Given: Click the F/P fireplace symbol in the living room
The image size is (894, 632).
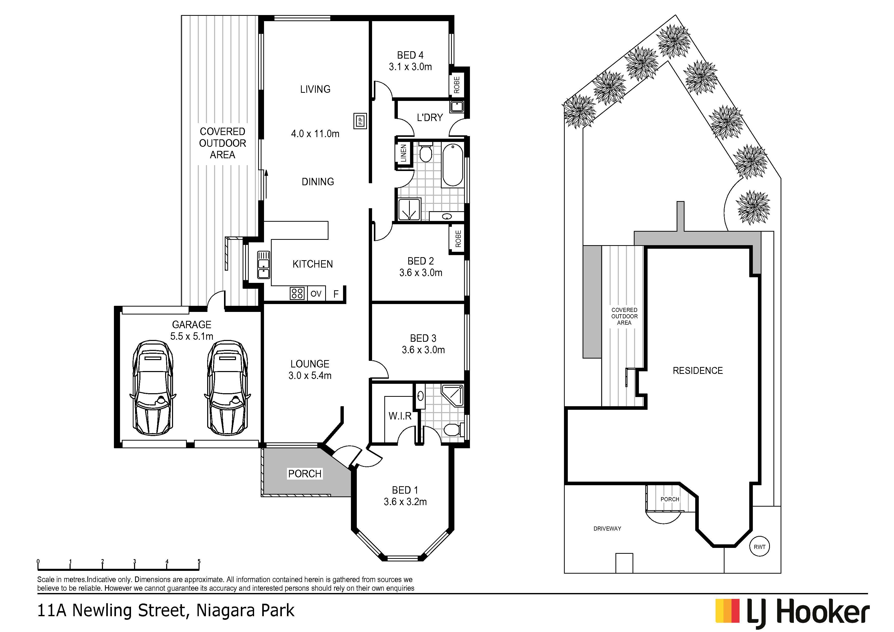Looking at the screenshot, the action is (360, 121).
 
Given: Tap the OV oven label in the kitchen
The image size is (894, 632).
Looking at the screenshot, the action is (316, 294).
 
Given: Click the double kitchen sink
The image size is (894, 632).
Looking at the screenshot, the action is (264, 265).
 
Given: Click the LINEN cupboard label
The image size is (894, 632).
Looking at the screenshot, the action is (404, 153).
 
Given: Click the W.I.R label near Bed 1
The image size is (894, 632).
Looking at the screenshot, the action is (400, 416).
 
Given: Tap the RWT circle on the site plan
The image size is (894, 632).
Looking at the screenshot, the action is (759, 547).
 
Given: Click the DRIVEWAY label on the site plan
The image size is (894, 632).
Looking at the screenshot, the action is (607, 529).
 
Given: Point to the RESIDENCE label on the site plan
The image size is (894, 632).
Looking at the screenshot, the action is (698, 371).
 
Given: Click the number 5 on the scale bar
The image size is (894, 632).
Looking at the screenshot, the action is (199, 561).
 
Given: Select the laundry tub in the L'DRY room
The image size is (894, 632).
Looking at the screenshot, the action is (457, 106).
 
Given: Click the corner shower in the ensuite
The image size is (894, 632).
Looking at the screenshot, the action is (452, 396).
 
